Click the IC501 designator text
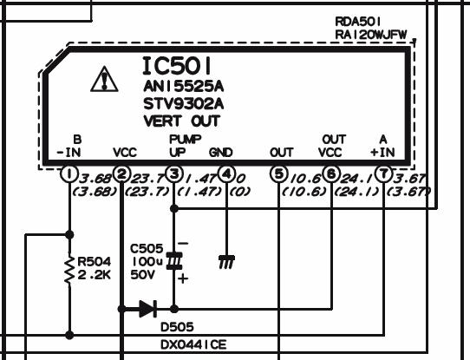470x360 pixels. (177, 66)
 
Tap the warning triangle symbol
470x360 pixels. (104, 79)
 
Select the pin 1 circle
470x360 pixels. (69, 173)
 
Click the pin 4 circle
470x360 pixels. (226, 173)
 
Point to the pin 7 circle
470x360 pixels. (383, 173)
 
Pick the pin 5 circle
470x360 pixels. (279, 173)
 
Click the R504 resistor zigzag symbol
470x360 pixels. (69, 269)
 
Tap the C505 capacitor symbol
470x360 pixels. (174, 261)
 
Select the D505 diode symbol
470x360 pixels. (147, 309)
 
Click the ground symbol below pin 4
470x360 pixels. (226, 262)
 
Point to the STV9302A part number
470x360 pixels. (184, 104)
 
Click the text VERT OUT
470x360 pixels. (181, 121)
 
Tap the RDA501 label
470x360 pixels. (358, 22)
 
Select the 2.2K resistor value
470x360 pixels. (95, 275)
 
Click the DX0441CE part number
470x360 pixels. (193, 344)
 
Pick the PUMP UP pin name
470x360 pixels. (185, 146)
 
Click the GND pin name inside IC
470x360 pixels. (221, 153)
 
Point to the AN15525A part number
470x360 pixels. (184, 87)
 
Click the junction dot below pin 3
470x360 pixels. (174, 208)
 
